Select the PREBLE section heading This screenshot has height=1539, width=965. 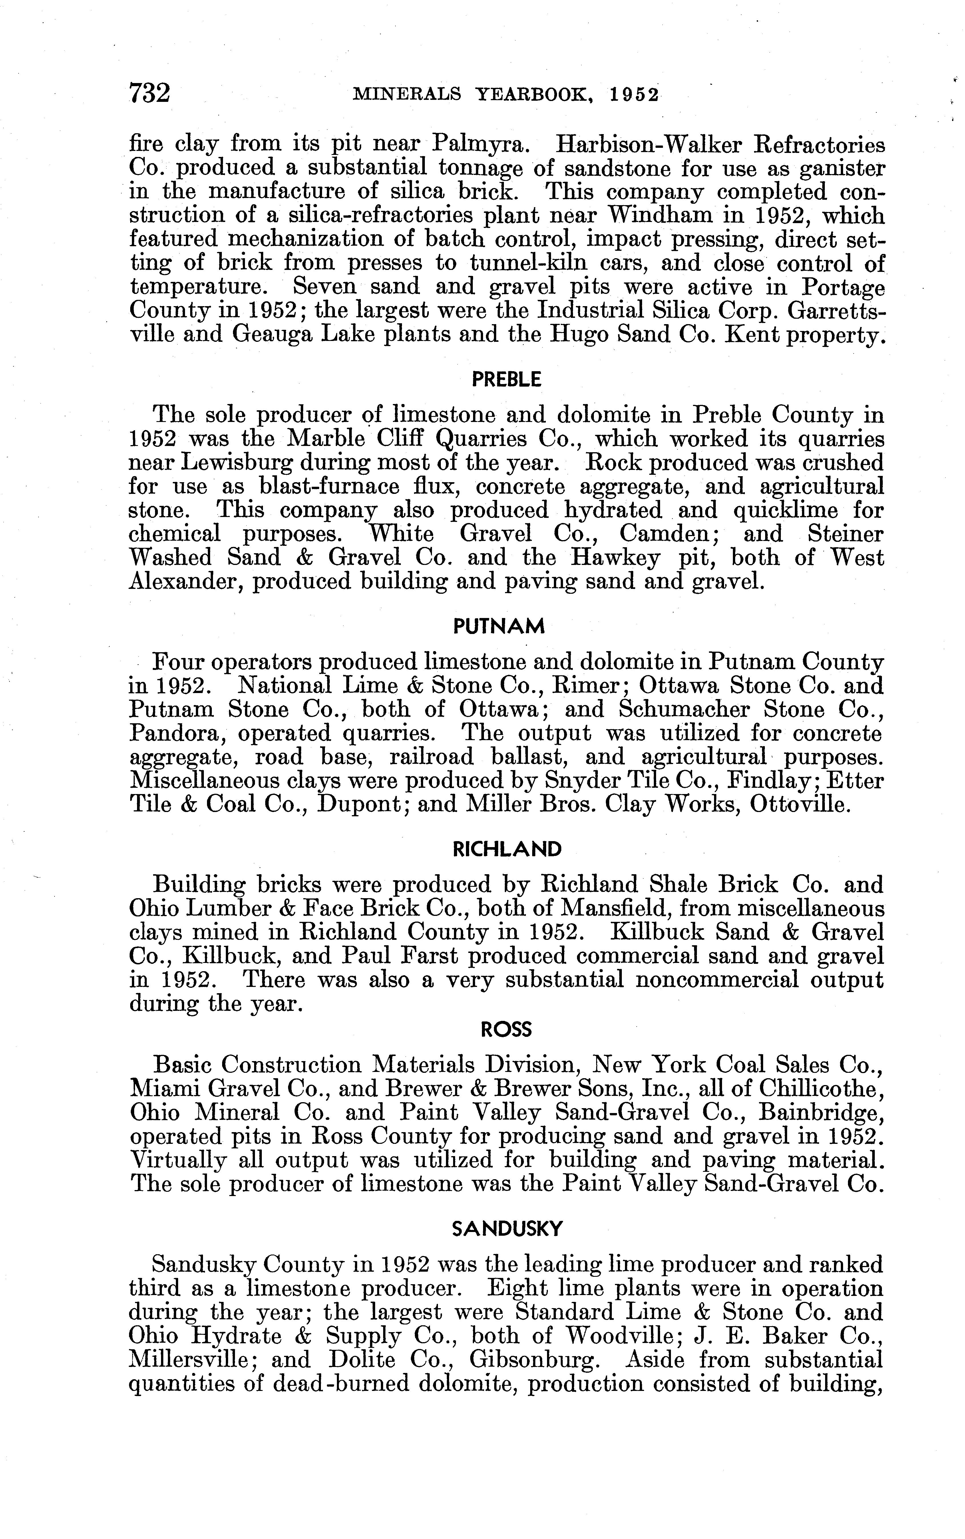coord(506,380)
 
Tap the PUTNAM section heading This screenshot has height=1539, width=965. coord(499,628)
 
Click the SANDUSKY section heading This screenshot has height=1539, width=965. coord(507,1229)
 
